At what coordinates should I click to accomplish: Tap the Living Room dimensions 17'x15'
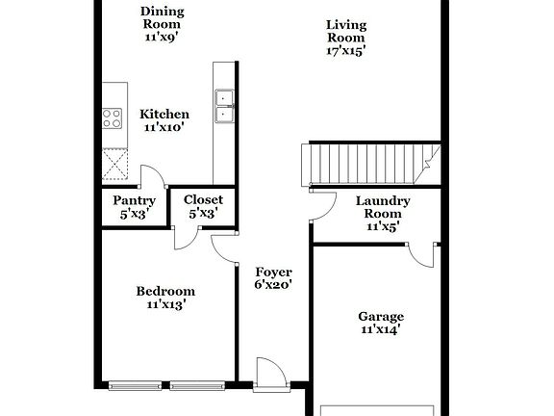pyautogui.click(x=345, y=51)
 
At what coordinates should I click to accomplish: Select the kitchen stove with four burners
pyautogui.click(x=113, y=118)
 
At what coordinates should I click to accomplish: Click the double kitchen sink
pyautogui.click(x=224, y=105)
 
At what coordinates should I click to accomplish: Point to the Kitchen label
pyautogui.click(x=164, y=113)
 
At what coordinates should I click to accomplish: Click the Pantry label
pyautogui.click(x=135, y=200)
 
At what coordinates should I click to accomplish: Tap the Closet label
pyautogui.click(x=203, y=200)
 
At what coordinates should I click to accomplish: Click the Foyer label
pyautogui.click(x=273, y=273)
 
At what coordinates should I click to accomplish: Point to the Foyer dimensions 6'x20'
pyautogui.click(x=273, y=285)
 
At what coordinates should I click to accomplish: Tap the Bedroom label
pyautogui.click(x=164, y=291)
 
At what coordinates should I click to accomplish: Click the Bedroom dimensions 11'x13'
pyautogui.click(x=165, y=304)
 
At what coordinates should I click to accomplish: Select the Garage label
pyautogui.click(x=381, y=317)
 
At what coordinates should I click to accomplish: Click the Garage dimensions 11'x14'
pyautogui.click(x=380, y=329)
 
